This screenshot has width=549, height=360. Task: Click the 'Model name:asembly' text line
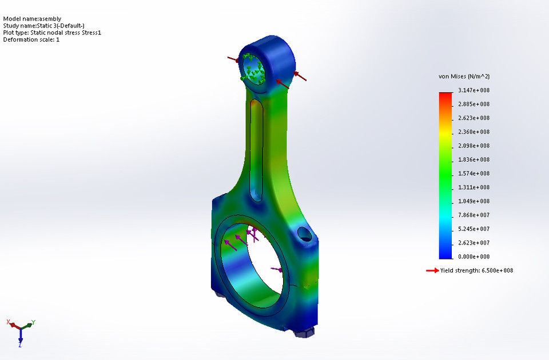coord(32,19)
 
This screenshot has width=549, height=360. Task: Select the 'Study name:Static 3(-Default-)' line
coord(43,26)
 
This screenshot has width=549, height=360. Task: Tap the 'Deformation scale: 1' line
coord(31,39)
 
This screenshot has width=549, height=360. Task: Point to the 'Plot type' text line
coord(52,33)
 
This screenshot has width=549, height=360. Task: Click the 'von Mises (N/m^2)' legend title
coord(464,77)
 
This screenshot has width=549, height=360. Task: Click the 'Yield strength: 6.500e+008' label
coord(476,270)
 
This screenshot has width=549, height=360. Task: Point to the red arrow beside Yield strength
coord(432,270)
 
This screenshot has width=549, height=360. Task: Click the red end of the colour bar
coord(445,95)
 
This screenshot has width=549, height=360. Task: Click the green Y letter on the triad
coord(34,322)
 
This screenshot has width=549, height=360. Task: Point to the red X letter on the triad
coord(9,322)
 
